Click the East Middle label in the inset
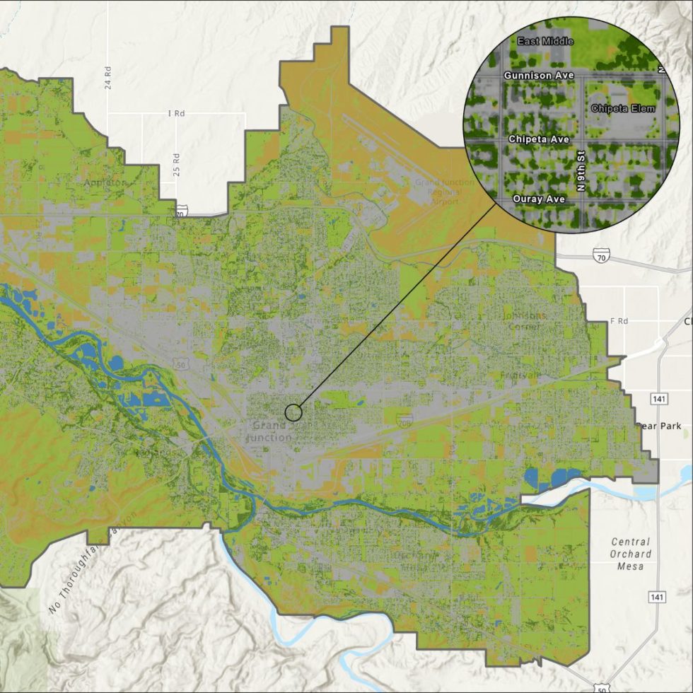pyautogui.click(x=545, y=42)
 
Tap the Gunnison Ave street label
pyautogui.click(x=539, y=75)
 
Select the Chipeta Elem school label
pyautogui.click(x=622, y=108)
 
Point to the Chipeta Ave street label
pyautogui.click(x=539, y=140)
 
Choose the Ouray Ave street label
pyautogui.click(x=539, y=199)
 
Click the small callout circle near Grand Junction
pyautogui.click(x=293, y=412)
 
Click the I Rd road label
pyautogui.click(x=175, y=113)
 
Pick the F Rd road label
pyautogui.click(x=619, y=321)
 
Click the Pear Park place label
pyautogui.click(x=659, y=426)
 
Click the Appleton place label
pyautogui.click(x=104, y=182)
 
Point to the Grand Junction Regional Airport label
pyautogui.click(x=436, y=192)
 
